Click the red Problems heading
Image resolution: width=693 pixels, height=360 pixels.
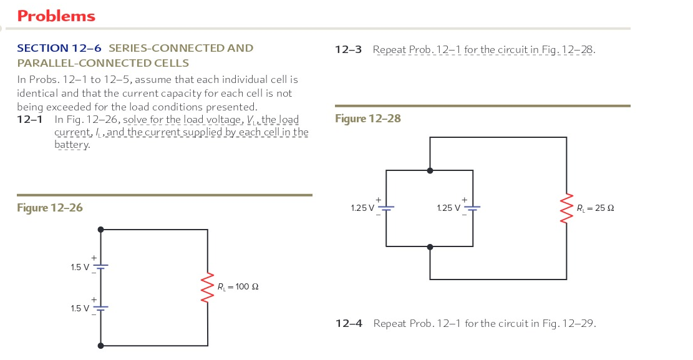56,16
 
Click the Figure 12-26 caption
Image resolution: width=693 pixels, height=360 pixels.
50,208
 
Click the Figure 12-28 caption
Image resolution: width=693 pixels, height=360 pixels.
368,119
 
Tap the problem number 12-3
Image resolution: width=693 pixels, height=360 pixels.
349,49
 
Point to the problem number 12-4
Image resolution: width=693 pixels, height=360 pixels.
349,323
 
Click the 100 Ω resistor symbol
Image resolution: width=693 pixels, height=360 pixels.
208,287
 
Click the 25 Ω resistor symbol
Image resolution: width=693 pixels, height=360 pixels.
566,208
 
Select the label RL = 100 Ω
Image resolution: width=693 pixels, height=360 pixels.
238,287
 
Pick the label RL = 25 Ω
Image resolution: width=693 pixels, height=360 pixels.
595,208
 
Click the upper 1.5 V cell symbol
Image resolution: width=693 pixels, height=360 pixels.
101,266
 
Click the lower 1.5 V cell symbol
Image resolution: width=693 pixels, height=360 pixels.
101,307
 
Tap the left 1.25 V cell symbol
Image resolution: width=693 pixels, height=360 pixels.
386,208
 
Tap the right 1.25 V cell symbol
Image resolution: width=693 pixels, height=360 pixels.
472,208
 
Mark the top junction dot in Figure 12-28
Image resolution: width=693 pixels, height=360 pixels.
430,170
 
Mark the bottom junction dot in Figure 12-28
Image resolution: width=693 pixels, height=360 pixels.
430,247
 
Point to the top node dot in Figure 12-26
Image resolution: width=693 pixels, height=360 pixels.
101,230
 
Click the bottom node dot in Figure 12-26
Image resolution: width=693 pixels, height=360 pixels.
101,345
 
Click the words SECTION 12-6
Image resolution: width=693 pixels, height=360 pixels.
59,48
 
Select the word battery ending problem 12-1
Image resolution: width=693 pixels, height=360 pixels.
72,145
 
